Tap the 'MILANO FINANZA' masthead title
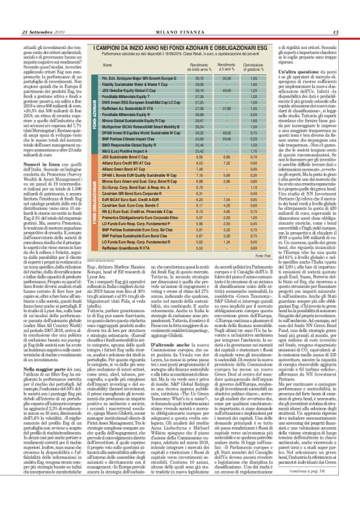click(x=181, y=32)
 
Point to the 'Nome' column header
click(x=107, y=65)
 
